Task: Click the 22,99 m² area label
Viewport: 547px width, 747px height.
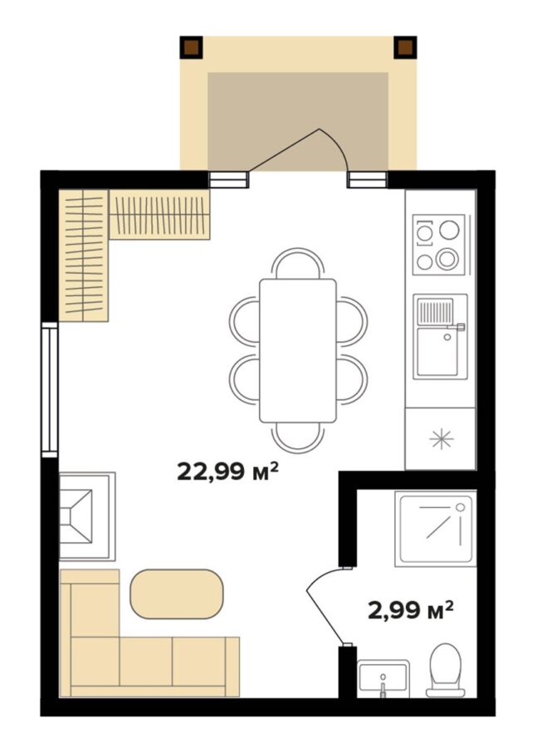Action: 227,471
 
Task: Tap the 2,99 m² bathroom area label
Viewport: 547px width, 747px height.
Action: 411,609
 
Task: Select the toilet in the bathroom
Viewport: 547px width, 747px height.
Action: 446,669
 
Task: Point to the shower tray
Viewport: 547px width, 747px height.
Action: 436,529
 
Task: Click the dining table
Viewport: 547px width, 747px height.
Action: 298,350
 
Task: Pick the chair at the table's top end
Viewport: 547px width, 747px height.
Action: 298,263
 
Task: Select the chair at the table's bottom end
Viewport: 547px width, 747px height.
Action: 298,437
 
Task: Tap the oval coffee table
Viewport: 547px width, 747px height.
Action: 176,594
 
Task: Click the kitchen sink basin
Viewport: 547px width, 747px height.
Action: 437,351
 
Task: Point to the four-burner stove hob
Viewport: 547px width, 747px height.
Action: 438,245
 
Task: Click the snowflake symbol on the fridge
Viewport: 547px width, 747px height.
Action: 442,439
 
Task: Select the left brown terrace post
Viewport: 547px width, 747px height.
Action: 191,47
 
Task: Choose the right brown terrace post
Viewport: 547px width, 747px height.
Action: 405,47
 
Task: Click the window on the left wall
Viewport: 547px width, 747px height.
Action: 49,389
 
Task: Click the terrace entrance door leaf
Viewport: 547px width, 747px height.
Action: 284,149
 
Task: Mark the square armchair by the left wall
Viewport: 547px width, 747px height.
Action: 87,516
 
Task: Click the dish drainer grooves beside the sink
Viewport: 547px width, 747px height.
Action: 435,311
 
